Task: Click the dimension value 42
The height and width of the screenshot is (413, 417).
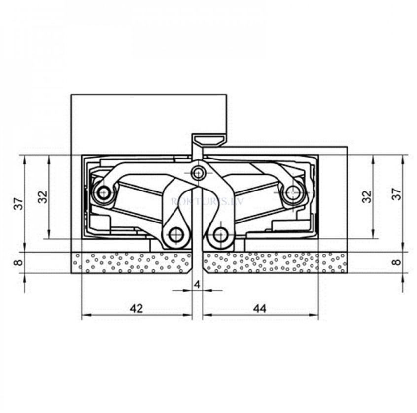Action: click(x=136, y=309)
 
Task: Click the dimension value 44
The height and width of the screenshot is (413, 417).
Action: click(x=259, y=309)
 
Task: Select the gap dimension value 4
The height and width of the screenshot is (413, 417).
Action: click(x=197, y=285)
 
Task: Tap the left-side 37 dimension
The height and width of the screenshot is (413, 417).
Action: click(x=18, y=203)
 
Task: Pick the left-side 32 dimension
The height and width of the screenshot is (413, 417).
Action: click(x=43, y=196)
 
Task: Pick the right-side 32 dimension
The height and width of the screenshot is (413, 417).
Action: click(x=367, y=197)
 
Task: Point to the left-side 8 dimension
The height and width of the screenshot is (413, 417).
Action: click(x=18, y=262)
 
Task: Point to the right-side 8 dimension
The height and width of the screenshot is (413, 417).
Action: click(x=397, y=262)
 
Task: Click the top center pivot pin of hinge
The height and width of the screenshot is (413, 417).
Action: click(x=198, y=173)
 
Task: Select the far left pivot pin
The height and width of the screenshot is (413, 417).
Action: click(x=104, y=193)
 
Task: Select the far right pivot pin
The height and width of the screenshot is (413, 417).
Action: click(x=293, y=192)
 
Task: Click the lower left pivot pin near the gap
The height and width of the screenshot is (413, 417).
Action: click(x=176, y=235)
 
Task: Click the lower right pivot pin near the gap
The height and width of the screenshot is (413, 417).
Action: click(x=220, y=235)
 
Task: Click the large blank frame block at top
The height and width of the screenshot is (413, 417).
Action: click(x=148, y=121)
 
